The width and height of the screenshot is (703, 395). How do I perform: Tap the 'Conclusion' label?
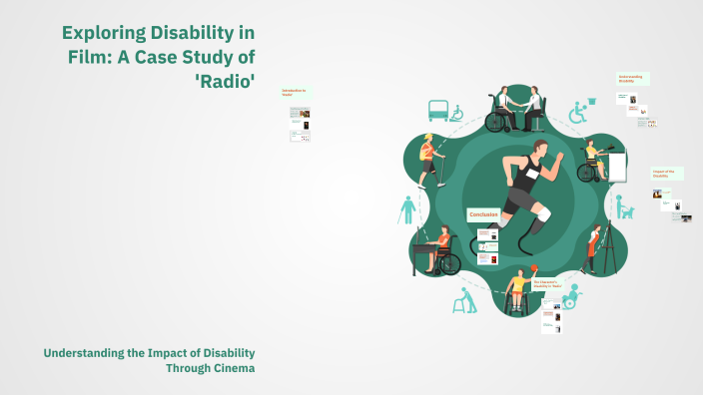(x=485, y=215)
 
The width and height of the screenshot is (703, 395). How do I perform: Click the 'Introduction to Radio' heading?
(x=295, y=92)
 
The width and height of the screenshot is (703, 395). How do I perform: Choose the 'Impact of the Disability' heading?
(x=665, y=173)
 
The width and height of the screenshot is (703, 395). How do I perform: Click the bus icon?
(x=437, y=109)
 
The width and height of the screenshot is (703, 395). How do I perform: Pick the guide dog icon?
(x=624, y=208)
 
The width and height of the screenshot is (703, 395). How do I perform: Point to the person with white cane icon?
(x=407, y=208)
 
